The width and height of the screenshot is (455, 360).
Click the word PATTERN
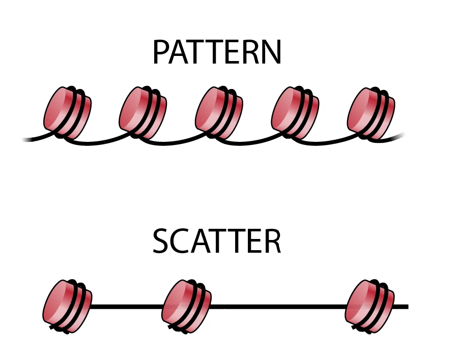(217, 52)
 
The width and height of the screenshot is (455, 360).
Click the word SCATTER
(217, 243)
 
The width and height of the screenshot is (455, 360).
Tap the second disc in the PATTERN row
(143, 113)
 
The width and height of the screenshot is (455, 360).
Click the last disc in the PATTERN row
(371, 113)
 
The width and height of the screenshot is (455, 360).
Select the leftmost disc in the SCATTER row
(68, 306)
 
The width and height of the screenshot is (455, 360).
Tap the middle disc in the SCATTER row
(186, 306)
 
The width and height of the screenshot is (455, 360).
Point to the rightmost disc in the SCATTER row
(369, 306)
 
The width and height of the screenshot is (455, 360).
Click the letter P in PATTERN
(161, 52)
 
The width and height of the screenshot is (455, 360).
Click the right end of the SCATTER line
(405, 307)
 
